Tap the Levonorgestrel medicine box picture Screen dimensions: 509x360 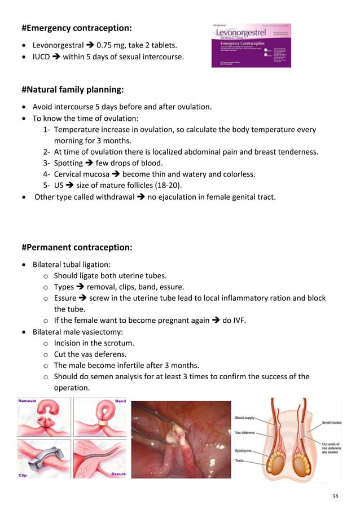pos(251,45)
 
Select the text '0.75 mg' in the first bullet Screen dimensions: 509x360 pos(111,45)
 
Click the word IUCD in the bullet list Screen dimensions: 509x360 pos(42,56)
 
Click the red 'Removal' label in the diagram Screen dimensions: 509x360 pos(28,401)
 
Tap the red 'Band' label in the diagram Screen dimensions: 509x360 pos(120,402)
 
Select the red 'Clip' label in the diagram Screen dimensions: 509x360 pos(24,475)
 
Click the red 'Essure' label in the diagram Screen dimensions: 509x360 pos(118,475)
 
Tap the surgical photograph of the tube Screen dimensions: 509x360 pos(181,439)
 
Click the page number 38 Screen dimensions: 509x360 pos(335,496)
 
